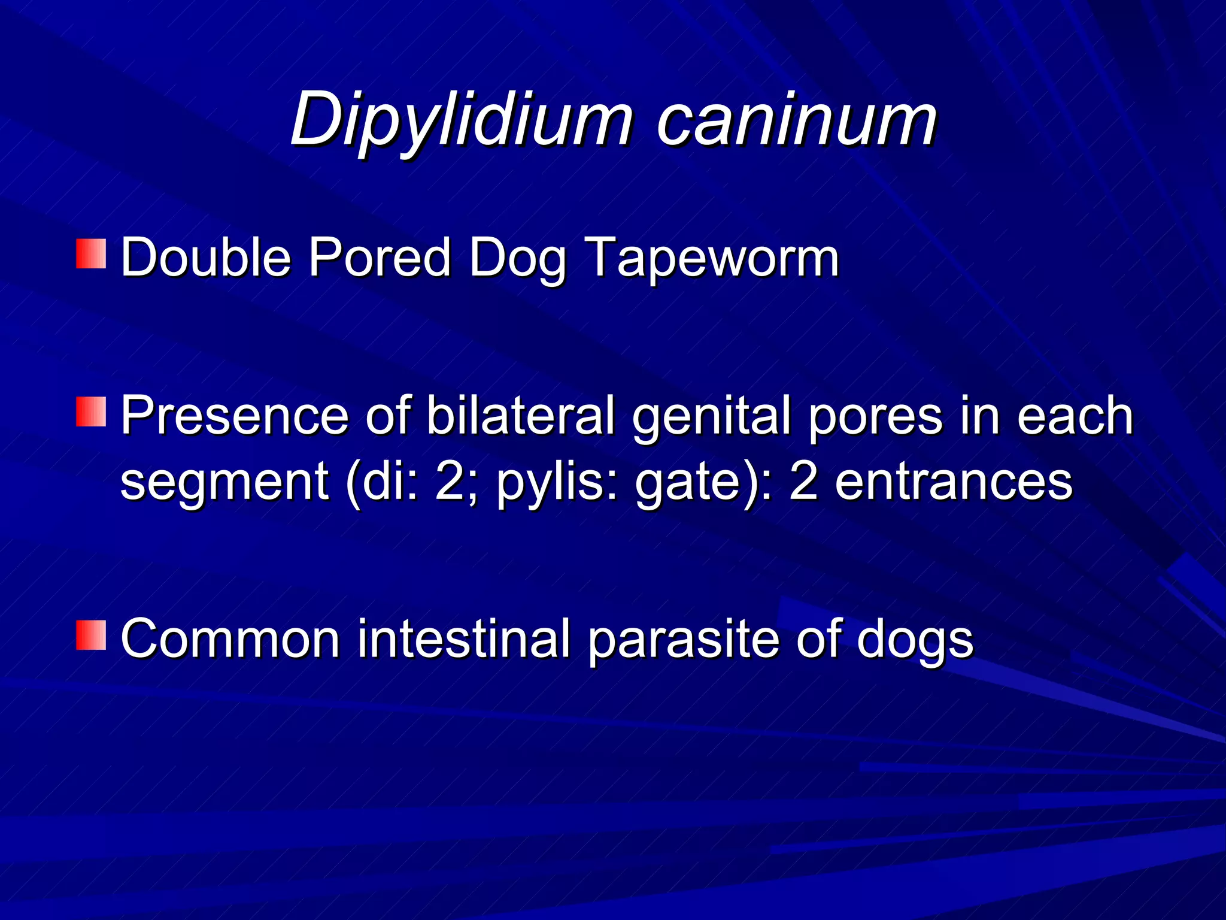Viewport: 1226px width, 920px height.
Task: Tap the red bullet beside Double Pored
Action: [91, 253]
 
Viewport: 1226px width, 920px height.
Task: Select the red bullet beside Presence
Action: [91, 411]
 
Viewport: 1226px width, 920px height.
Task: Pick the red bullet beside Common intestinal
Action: [91, 635]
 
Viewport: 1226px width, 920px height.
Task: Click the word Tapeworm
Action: [711, 259]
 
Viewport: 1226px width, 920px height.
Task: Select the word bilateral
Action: [521, 416]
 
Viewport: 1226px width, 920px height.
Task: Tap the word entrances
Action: [953, 482]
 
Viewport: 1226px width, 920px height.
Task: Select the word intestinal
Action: [464, 639]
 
